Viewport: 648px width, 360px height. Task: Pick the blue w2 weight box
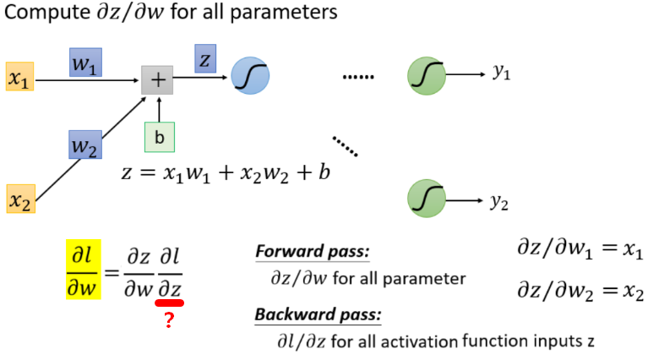(x=86, y=145)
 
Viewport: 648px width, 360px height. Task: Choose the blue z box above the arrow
(x=206, y=59)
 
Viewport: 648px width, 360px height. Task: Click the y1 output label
(x=501, y=74)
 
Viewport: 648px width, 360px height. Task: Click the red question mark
(x=169, y=320)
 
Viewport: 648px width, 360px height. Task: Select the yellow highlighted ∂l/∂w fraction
(x=83, y=271)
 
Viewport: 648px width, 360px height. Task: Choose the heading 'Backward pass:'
(x=317, y=315)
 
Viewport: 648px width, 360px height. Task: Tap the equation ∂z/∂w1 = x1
(x=579, y=251)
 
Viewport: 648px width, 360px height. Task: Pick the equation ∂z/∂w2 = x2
(x=580, y=292)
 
